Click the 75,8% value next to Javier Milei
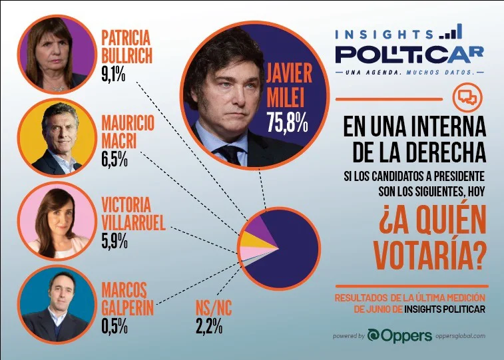click(x=287, y=122)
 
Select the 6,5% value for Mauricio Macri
click(x=115, y=160)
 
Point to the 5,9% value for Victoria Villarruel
click(x=115, y=241)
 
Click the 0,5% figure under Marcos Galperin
click(x=115, y=326)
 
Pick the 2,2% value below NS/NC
click(x=209, y=326)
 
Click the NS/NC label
click(x=214, y=308)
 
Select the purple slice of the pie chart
click(x=262, y=228)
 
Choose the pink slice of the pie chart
click(x=254, y=252)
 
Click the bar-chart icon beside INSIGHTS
click(x=451, y=32)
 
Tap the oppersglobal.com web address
click(x=460, y=336)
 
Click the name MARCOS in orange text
click(x=125, y=290)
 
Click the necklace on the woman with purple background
click(x=57, y=88)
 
